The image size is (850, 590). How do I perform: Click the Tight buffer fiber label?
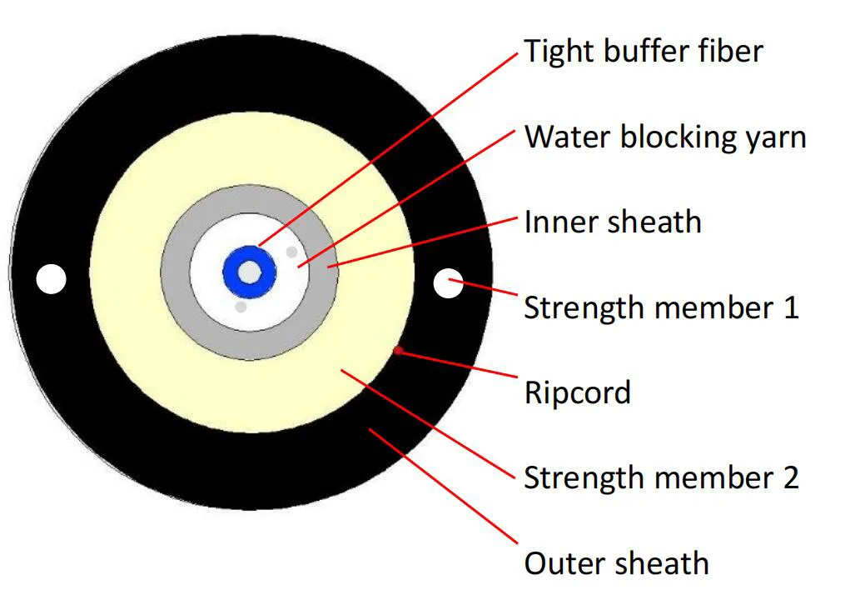643,52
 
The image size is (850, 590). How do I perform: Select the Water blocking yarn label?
664,137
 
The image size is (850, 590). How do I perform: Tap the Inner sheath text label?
612,222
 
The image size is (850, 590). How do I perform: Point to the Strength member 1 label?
660,307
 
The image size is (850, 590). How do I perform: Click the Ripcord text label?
577,392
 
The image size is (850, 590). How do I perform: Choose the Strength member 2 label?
660,477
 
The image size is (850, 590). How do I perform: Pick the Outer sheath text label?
616,563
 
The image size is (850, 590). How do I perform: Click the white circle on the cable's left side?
51,279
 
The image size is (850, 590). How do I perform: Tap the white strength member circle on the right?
449,283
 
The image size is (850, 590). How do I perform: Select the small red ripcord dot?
398,350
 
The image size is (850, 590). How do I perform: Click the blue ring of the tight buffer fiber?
236,271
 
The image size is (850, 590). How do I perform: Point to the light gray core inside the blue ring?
249,271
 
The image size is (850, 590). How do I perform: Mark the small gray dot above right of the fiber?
291,251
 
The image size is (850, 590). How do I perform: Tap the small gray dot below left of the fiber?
241,307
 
